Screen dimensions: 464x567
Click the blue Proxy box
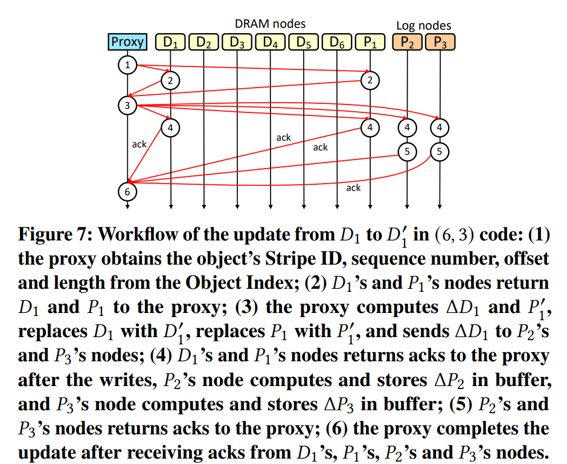(127, 42)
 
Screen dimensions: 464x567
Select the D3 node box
(237, 42)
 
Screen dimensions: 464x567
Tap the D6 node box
(337, 42)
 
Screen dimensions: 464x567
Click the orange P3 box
(440, 42)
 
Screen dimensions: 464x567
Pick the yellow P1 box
(370, 42)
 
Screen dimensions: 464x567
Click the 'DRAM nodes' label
(270, 24)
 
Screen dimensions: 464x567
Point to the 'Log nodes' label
(423, 25)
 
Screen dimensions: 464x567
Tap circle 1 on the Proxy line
(127, 65)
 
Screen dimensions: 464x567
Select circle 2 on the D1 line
(171, 80)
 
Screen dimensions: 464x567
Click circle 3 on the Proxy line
(127, 105)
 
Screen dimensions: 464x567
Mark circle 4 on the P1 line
(370, 127)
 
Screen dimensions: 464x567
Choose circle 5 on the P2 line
(408, 151)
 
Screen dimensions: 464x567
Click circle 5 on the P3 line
(440, 151)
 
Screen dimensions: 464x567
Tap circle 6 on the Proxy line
(127, 191)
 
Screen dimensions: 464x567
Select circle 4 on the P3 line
(440, 127)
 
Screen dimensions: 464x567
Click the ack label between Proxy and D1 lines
(139, 144)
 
